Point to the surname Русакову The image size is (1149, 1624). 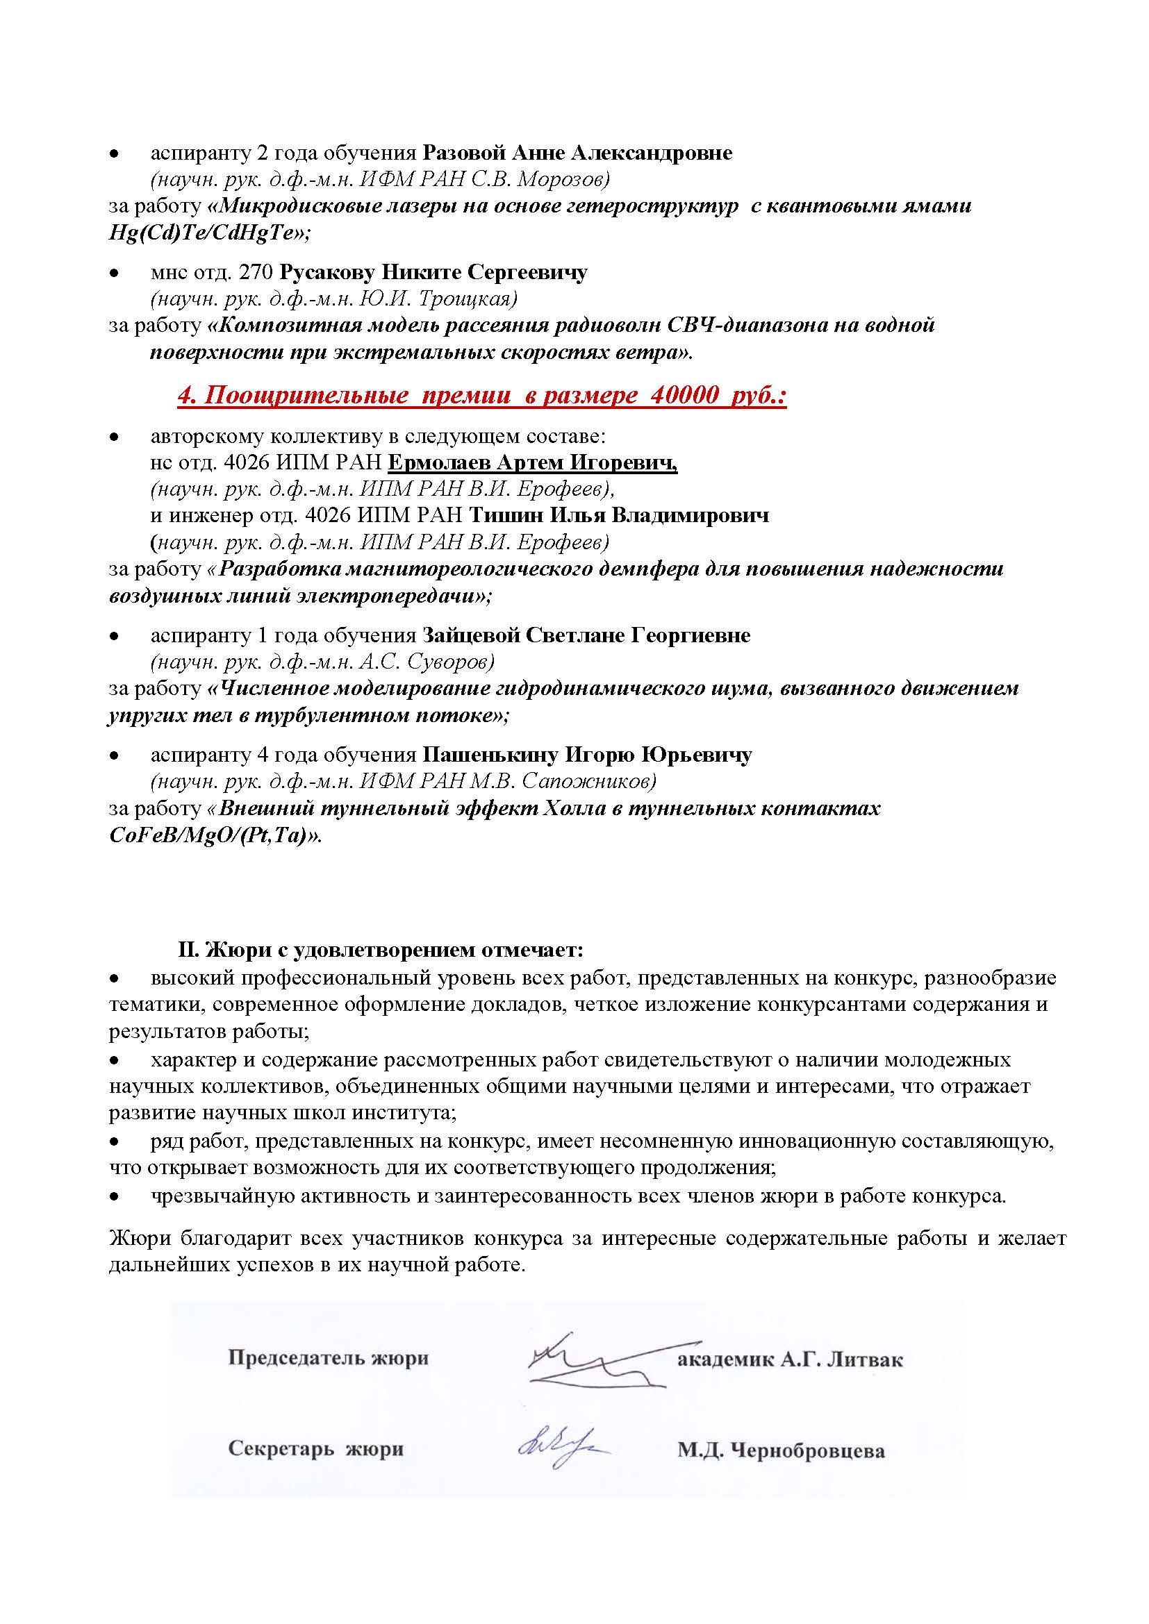[329, 272]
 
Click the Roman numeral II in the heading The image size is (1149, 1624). [187, 949]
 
